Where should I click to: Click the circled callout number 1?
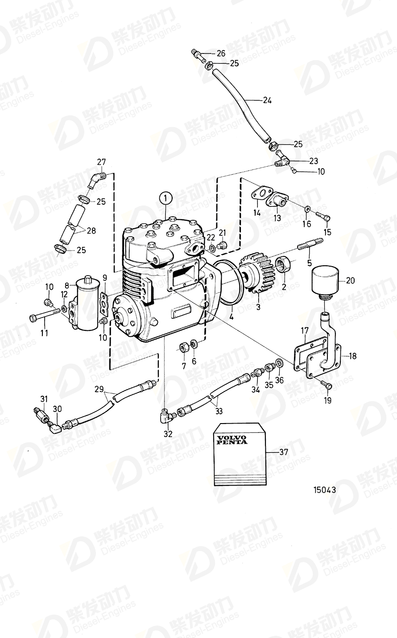(165, 197)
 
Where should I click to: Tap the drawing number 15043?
(324, 489)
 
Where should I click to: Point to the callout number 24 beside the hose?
(267, 100)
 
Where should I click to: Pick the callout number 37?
(283, 452)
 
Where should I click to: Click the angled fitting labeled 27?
(96, 180)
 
